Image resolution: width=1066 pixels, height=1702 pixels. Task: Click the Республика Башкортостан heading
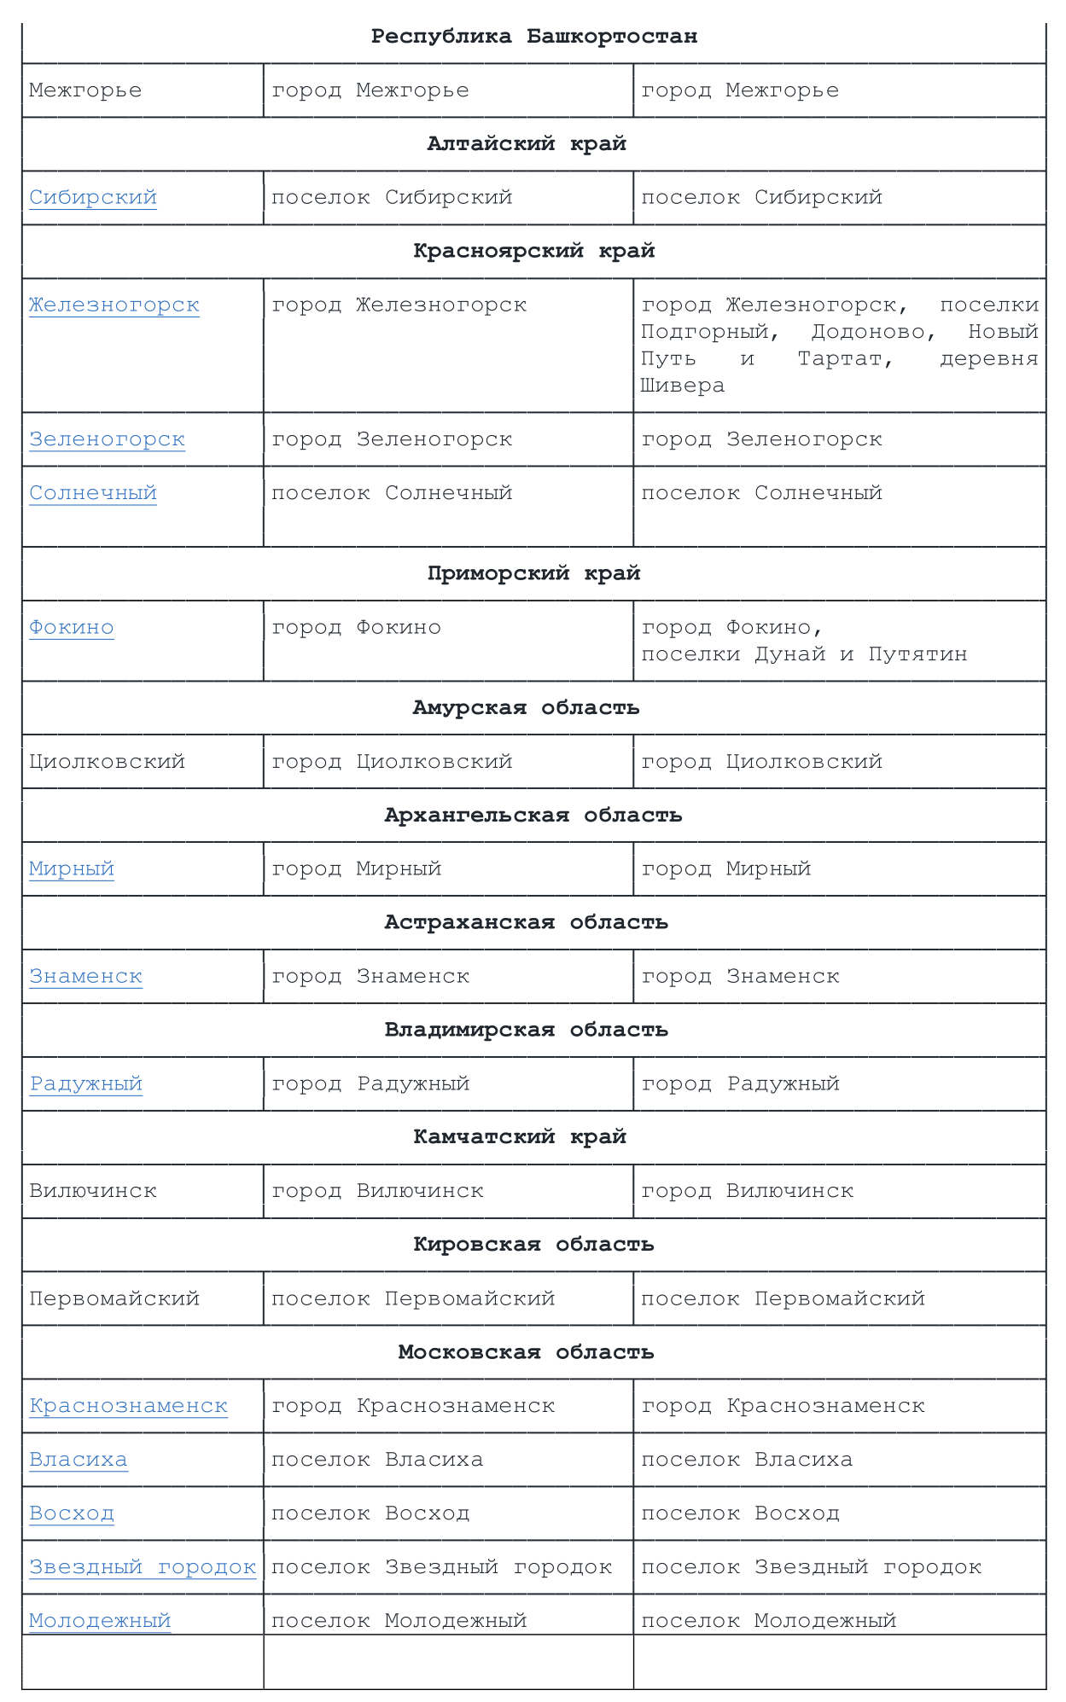533,37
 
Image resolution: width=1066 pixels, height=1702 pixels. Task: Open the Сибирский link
93,197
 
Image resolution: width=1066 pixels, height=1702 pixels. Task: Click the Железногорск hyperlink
114,305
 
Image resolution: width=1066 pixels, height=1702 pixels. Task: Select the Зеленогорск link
107,439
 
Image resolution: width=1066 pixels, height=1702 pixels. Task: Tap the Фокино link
72,627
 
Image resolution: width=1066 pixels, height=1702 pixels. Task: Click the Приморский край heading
533,573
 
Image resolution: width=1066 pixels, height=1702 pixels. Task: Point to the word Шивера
683,386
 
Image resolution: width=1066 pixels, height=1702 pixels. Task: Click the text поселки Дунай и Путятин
804,654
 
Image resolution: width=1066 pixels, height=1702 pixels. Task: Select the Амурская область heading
526,708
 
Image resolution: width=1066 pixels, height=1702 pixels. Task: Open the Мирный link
72,868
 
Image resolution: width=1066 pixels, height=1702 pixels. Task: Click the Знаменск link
85,976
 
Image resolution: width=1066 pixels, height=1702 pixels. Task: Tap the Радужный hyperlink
85,1083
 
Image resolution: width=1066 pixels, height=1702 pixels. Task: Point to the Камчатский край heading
520,1136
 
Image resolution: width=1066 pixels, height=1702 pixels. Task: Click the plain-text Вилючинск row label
93,1191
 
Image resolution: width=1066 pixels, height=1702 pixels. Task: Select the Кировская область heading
533,1245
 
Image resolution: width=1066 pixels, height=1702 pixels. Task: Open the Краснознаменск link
128,1406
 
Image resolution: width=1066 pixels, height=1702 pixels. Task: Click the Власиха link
79,1460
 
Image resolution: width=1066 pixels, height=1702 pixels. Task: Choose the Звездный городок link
143,1567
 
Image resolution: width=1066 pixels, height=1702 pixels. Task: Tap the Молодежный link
100,1620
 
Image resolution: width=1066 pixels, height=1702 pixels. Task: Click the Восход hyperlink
72,1513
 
